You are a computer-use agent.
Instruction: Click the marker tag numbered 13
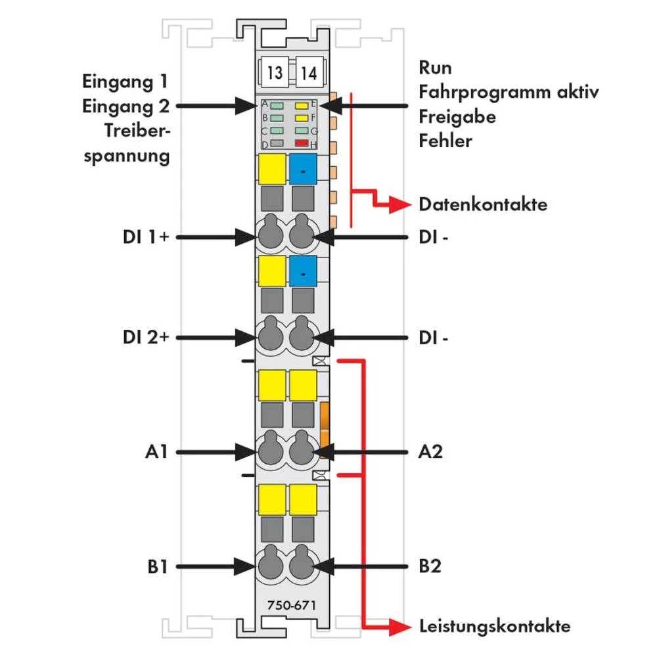[275, 73]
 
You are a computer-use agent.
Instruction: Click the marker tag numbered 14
[309, 73]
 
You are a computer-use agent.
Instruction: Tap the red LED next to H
[302, 143]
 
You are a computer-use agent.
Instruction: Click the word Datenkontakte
[483, 204]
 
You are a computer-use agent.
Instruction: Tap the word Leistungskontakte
[495, 626]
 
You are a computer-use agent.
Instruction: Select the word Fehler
[445, 141]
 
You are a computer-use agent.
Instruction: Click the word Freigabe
[457, 117]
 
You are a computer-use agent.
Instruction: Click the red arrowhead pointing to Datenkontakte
[401, 204]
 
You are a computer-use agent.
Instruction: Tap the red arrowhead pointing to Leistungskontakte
[401, 626]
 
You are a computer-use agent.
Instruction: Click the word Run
[435, 68]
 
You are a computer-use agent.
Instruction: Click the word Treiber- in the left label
[137, 131]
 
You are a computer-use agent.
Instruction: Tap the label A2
[430, 452]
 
